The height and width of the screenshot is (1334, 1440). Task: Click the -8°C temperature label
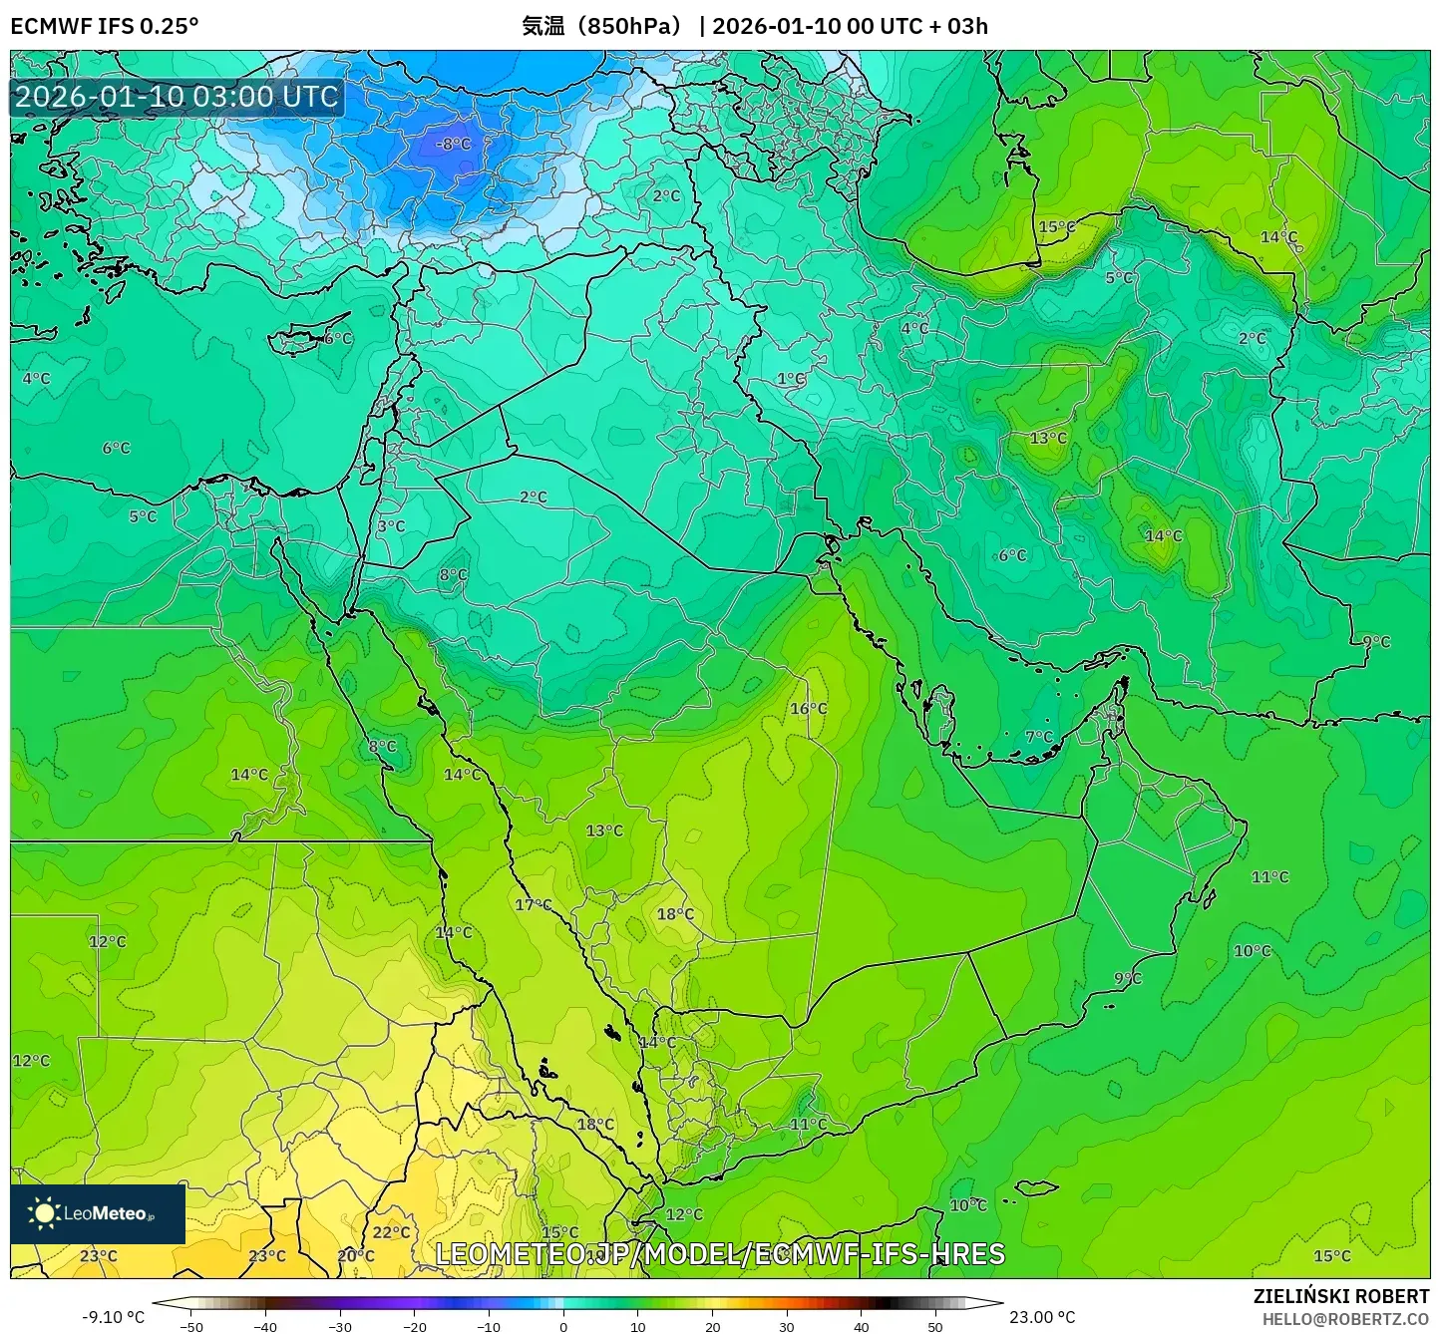(453, 144)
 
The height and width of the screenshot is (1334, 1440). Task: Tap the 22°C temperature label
(391, 1232)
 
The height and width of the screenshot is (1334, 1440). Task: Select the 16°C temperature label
(808, 709)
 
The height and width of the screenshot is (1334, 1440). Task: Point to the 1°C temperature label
(791, 379)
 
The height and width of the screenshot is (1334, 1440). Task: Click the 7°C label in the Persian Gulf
(1038, 737)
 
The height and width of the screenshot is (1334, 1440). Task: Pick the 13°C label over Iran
(1048, 438)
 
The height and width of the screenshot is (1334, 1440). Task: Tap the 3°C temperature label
(391, 526)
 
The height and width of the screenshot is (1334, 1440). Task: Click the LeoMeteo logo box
(98, 1213)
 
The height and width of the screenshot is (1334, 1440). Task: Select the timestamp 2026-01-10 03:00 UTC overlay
(177, 97)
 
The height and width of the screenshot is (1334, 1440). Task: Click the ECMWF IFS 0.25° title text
(105, 26)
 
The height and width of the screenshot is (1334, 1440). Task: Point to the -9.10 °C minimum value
(113, 1317)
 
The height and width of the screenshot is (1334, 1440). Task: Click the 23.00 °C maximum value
(1042, 1317)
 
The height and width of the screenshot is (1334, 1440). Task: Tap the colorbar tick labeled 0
(563, 1326)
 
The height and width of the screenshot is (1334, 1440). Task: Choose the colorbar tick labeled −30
(340, 1326)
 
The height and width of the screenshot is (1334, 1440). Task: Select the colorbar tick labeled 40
(861, 1326)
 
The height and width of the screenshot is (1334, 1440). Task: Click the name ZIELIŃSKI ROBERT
(1340, 1296)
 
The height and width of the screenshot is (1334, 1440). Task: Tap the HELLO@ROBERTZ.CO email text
(1345, 1319)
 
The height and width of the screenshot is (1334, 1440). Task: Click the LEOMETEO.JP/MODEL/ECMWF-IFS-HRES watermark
(720, 1254)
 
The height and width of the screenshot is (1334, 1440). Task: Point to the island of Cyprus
(299, 341)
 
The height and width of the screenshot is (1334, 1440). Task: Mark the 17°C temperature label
(533, 904)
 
